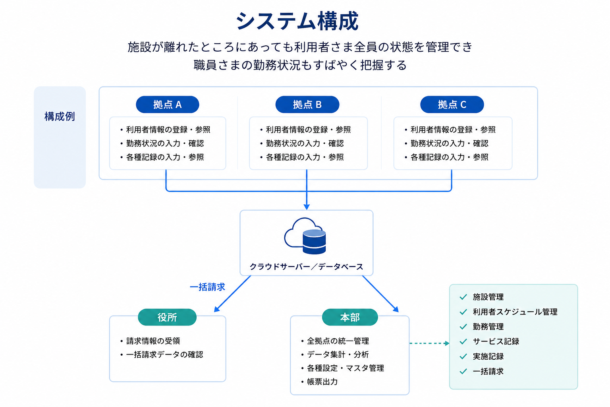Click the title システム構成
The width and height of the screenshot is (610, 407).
click(x=297, y=21)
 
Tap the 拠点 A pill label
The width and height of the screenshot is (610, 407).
click(x=168, y=105)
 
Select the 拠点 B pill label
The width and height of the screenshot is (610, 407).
click(x=307, y=105)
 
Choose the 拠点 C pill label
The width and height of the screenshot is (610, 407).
click(x=452, y=105)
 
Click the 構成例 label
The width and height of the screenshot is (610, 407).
click(x=60, y=116)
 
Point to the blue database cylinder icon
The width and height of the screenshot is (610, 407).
click(x=314, y=242)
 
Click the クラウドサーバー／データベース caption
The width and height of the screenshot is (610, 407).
click(x=306, y=266)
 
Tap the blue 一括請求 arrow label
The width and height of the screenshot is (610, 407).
click(x=208, y=287)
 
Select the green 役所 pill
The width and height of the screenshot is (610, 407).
click(x=167, y=317)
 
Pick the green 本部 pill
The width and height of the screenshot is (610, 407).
click(x=350, y=317)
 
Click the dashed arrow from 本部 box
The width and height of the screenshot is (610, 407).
click(x=429, y=343)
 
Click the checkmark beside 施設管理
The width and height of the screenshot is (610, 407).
click(x=463, y=297)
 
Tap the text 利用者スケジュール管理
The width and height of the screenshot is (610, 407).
click(x=515, y=312)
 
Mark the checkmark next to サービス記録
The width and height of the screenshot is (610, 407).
click(x=463, y=341)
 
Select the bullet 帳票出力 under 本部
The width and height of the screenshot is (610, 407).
click(x=320, y=382)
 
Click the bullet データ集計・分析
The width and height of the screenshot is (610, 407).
click(x=335, y=355)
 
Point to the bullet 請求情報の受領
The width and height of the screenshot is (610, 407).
click(x=151, y=341)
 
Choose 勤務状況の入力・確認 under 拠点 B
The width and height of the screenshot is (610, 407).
click(x=302, y=143)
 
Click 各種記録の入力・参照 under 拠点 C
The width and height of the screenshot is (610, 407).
click(x=447, y=157)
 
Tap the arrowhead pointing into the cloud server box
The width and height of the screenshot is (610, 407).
click(x=307, y=207)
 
